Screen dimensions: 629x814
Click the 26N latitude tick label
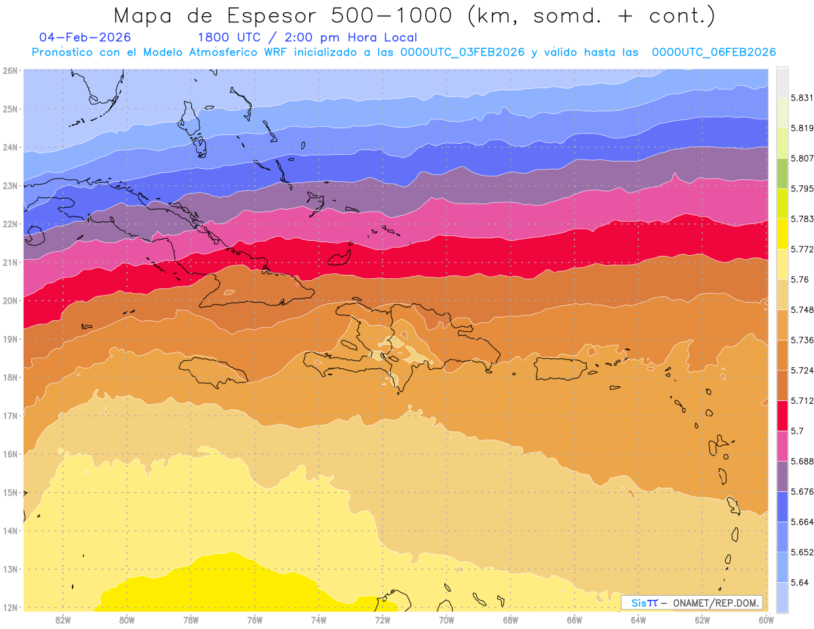pyautogui.click(x=9, y=71)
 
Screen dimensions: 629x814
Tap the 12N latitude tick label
pyautogui.click(x=9, y=607)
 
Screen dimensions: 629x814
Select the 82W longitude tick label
pyautogui.click(x=63, y=620)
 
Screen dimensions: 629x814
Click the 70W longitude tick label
pyautogui.click(x=446, y=620)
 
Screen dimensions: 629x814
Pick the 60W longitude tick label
pyautogui.click(x=767, y=620)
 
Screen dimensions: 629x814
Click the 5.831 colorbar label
pyautogui.click(x=802, y=98)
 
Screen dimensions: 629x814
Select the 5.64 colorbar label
pyautogui.click(x=799, y=582)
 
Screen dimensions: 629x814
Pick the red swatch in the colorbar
pyautogui.click(x=782, y=415)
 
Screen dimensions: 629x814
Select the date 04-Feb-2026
pyautogui.click(x=85, y=37)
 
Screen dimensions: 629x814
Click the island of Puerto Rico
pyautogui.click(x=560, y=368)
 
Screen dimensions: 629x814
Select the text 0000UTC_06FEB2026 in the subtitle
pyautogui.click(x=714, y=52)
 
